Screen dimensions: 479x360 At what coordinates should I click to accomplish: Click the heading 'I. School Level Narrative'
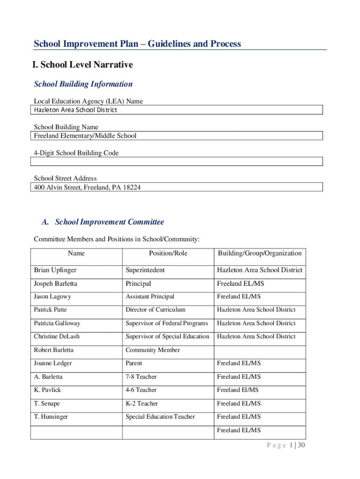[x=83, y=65]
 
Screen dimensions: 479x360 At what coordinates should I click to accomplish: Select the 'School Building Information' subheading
[x=83, y=84]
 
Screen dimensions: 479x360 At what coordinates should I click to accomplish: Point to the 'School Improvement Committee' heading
[x=109, y=222]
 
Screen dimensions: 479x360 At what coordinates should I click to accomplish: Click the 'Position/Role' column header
[x=168, y=254]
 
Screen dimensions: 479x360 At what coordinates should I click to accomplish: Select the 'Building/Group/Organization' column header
[x=259, y=254]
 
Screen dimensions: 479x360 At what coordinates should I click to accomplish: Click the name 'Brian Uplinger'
[x=55, y=270]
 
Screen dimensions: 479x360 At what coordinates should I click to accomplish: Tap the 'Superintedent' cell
[x=145, y=270]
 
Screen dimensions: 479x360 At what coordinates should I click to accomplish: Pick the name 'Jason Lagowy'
[x=52, y=297]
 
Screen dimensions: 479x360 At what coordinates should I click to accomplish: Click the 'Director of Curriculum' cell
[x=155, y=310]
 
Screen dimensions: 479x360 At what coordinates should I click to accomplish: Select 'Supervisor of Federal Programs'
[x=166, y=323]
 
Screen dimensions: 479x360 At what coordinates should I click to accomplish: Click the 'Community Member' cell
[x=152, y=350]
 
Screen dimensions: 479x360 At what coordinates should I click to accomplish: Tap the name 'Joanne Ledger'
[x=53, y=363]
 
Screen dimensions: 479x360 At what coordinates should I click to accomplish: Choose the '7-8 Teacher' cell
[x=141, y=377]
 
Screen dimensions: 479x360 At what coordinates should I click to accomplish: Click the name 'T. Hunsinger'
[x=50, y=417]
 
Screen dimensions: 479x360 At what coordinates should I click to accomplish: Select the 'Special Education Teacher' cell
[x=160, y=417]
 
